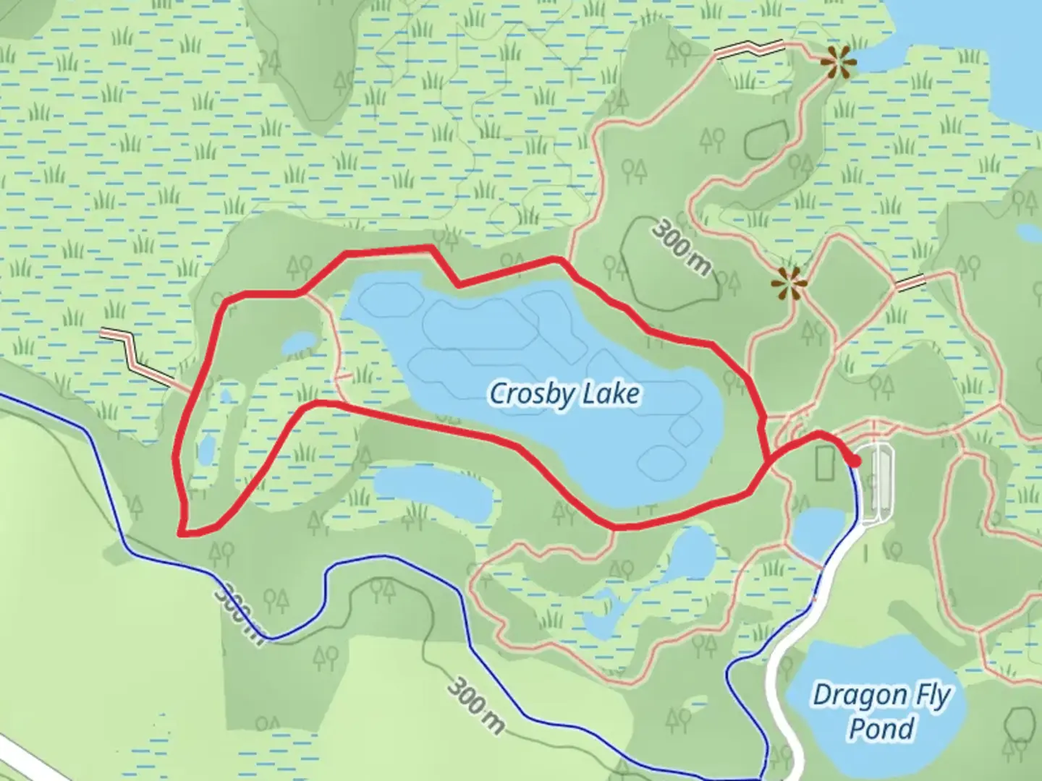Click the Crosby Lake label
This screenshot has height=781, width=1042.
[x=564, y=394]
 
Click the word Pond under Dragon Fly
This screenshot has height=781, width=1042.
[x=881, y=728]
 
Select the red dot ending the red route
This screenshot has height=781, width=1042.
[x=855, y=461]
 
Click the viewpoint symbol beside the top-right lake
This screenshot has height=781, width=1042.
[x=838, y=64]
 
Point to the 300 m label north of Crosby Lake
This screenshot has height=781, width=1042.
[x=681, y=248]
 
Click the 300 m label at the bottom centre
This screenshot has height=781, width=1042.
[x=475, y=705]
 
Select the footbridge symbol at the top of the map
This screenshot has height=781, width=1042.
[x=749, y=49]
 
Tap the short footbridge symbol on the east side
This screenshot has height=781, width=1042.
[x=910, y=283]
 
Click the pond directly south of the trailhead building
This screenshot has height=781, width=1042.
[x=818, y=534]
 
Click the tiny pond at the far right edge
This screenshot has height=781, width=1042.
[x=1030, y=233]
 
